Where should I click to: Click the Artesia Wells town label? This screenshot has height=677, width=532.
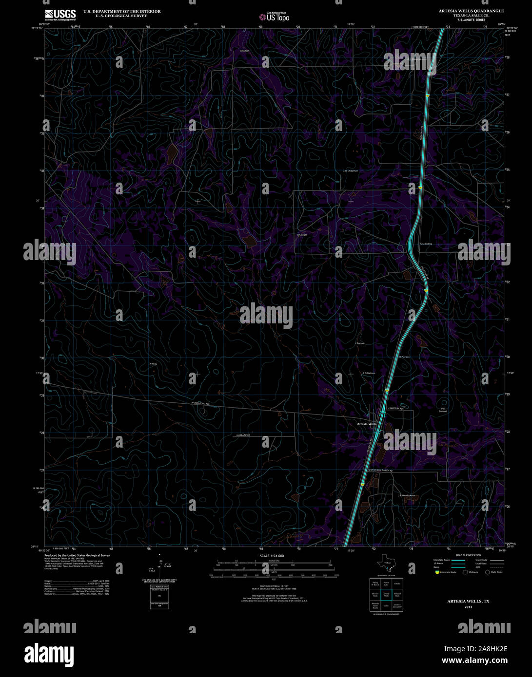pyautogui.click(x=367, y=424)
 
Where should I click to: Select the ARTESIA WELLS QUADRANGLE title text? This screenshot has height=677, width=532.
pyautogui.click(x=471, y=11)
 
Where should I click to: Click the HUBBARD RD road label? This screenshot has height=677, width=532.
pyautogui.click(x=241, y=434)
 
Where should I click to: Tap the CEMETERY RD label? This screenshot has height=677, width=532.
pyautogui.click(x=395, y=408)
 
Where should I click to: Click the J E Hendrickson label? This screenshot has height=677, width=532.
pyautogui.click(x=406, y=495)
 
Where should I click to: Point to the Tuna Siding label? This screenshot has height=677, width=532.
pyautogui.click(x=426, y=244)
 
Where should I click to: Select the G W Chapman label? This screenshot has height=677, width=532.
pyautogui.click(x=350, y=171)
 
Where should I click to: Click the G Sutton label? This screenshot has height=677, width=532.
pyautogui.click(x=245, y=50)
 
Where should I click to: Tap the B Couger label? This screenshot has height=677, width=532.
pyautogui.click(x=302, y=234)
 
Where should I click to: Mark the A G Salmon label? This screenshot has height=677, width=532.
pyautogui.click(x=369, y=373)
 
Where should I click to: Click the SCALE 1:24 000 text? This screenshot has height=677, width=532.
pyautogui.click(x=272, y=556)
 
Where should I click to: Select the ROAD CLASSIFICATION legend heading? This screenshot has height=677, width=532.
pyautogui.click(x=468, y=555)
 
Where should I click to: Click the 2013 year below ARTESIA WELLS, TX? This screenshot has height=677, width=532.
pyautogui.click(x=468, y=607)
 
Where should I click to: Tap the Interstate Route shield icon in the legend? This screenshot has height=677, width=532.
pyautogui.click(x=437, y=572)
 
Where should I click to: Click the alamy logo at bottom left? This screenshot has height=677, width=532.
pyautogui.click(x=50, y=653)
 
